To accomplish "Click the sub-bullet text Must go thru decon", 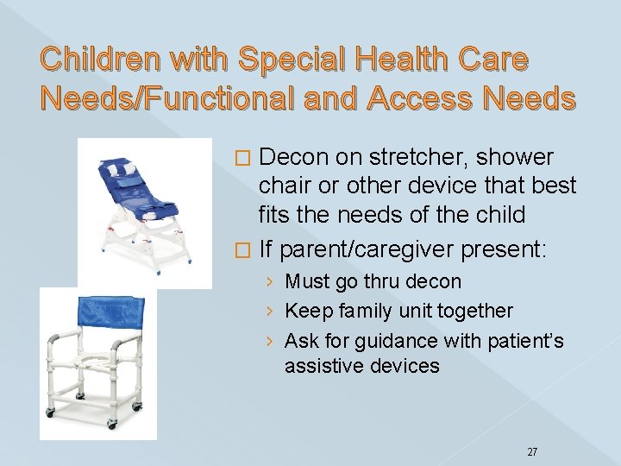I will [373, 282].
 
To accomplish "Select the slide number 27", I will [532, 428].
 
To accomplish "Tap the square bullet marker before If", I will [244, 251].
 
